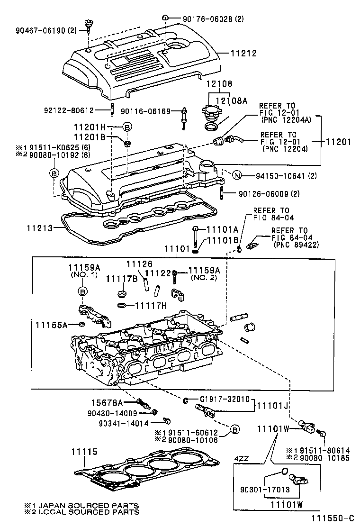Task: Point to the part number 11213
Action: tap(39, 228)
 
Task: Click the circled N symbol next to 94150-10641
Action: tap(238, 176)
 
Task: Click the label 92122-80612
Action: tap(73, 110)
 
